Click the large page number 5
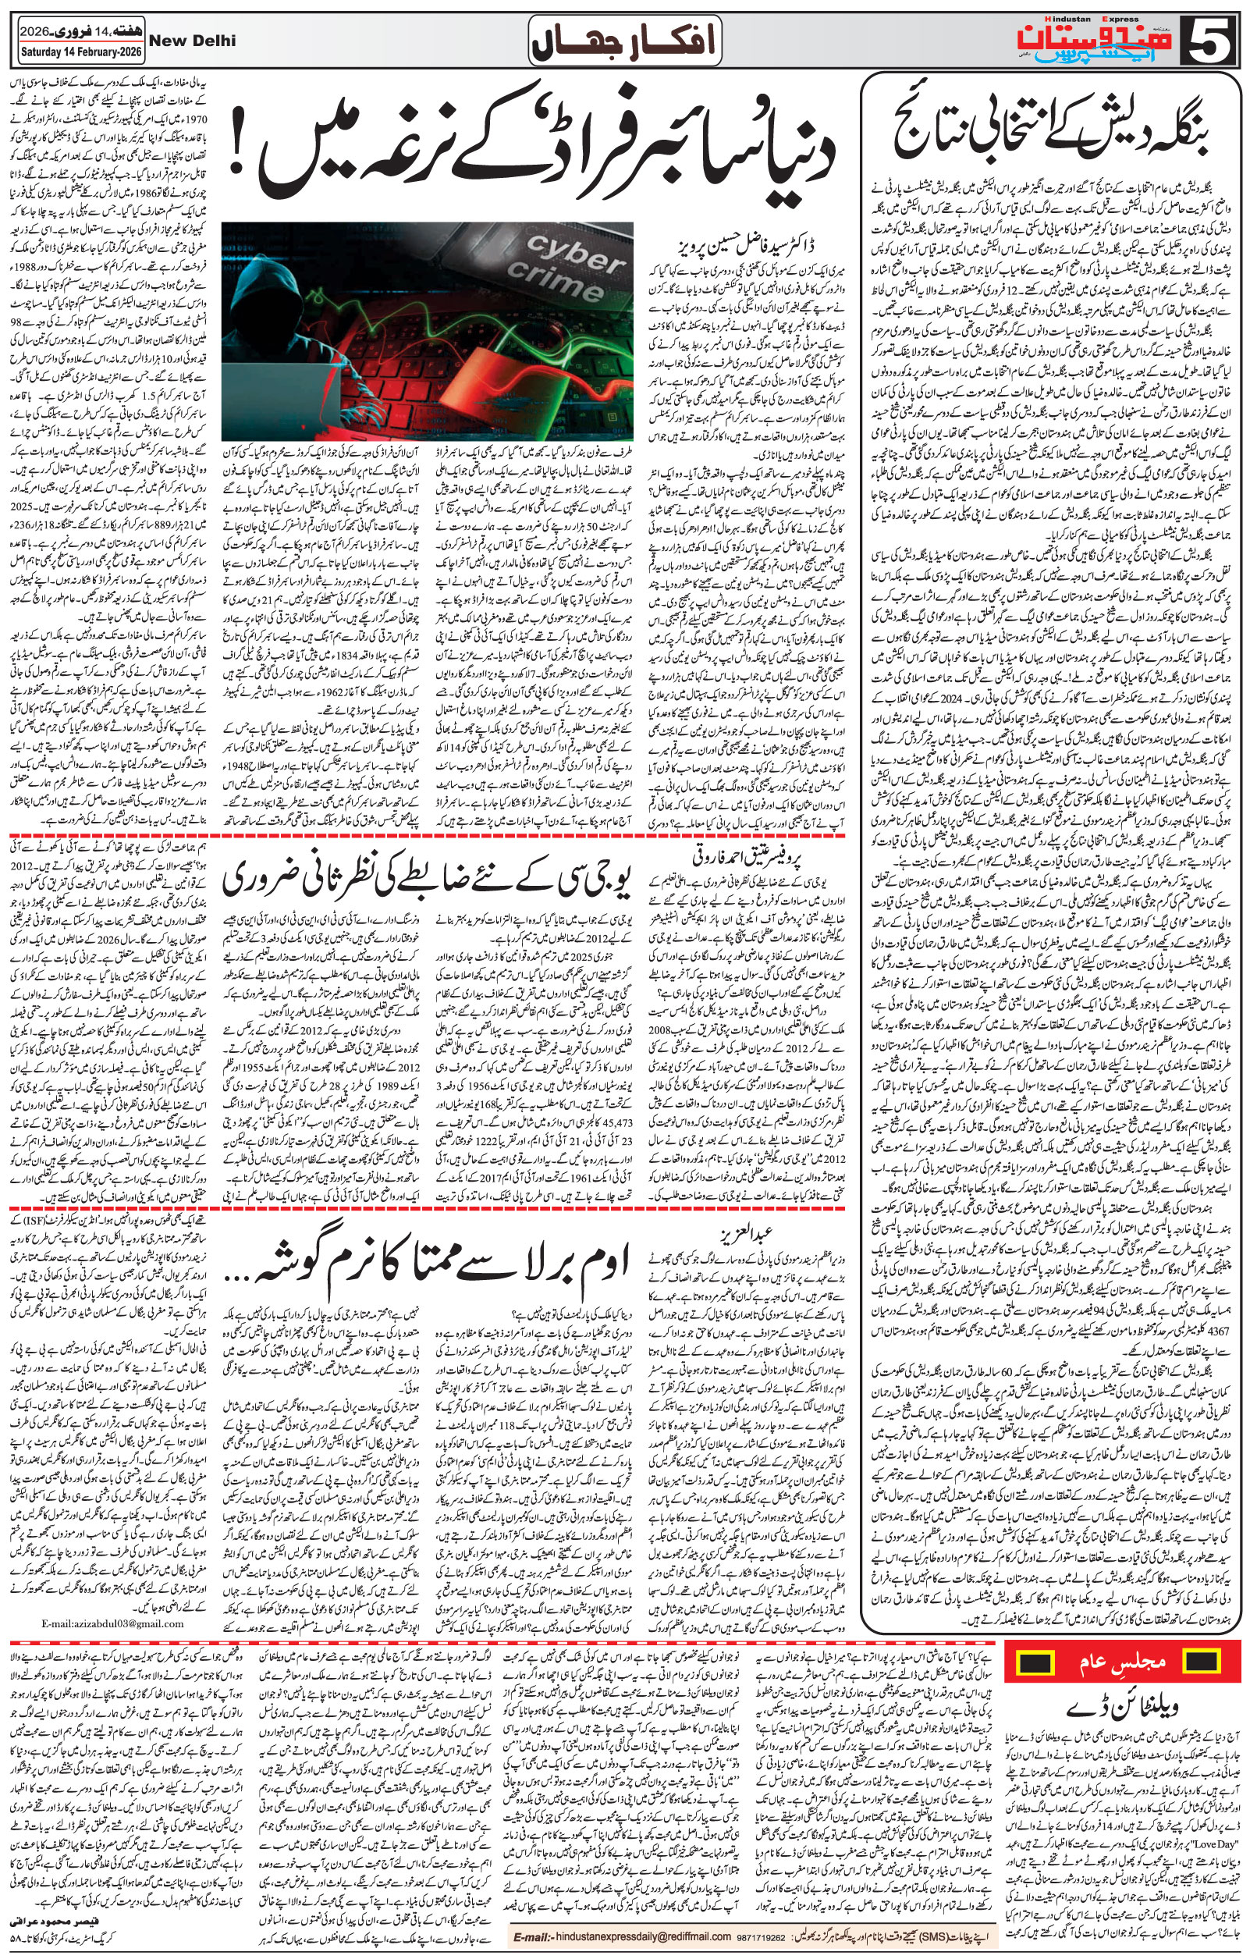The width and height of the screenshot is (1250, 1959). coord(1213,39)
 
